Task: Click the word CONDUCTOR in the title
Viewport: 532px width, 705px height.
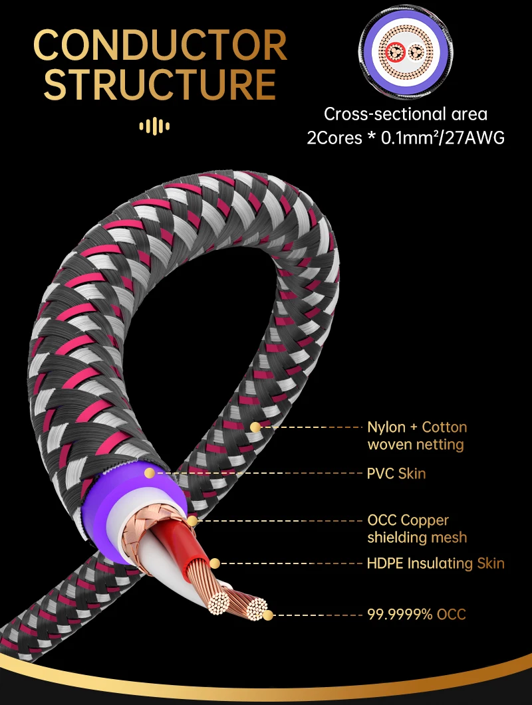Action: pos(160,45)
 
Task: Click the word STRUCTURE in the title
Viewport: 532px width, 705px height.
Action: pos(160,84)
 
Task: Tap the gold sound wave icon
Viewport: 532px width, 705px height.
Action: pos(154,126)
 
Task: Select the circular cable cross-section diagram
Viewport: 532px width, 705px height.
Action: pos(406,53)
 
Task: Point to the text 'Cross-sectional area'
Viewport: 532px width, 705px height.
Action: pos(406,114)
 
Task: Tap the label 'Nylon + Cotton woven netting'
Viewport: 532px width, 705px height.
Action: pos(417,436)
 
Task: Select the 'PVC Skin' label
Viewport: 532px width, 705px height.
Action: pos(396,474)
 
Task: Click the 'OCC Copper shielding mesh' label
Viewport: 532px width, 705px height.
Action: pos(417,528)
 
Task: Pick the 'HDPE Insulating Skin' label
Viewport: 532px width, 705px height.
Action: pos(436,563)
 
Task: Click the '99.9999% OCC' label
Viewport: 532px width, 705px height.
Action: pos(417,614)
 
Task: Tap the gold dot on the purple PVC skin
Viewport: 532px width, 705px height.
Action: pos(150,473)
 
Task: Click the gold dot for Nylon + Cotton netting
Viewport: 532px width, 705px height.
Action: pos(255,427)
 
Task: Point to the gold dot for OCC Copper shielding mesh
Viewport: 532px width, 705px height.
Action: pos(192,521)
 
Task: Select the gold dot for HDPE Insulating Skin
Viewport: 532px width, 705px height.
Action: pos(215,563)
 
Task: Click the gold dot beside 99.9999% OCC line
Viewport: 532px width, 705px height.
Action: pos(268,615)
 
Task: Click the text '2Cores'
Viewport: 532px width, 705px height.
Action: pos(334,138)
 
